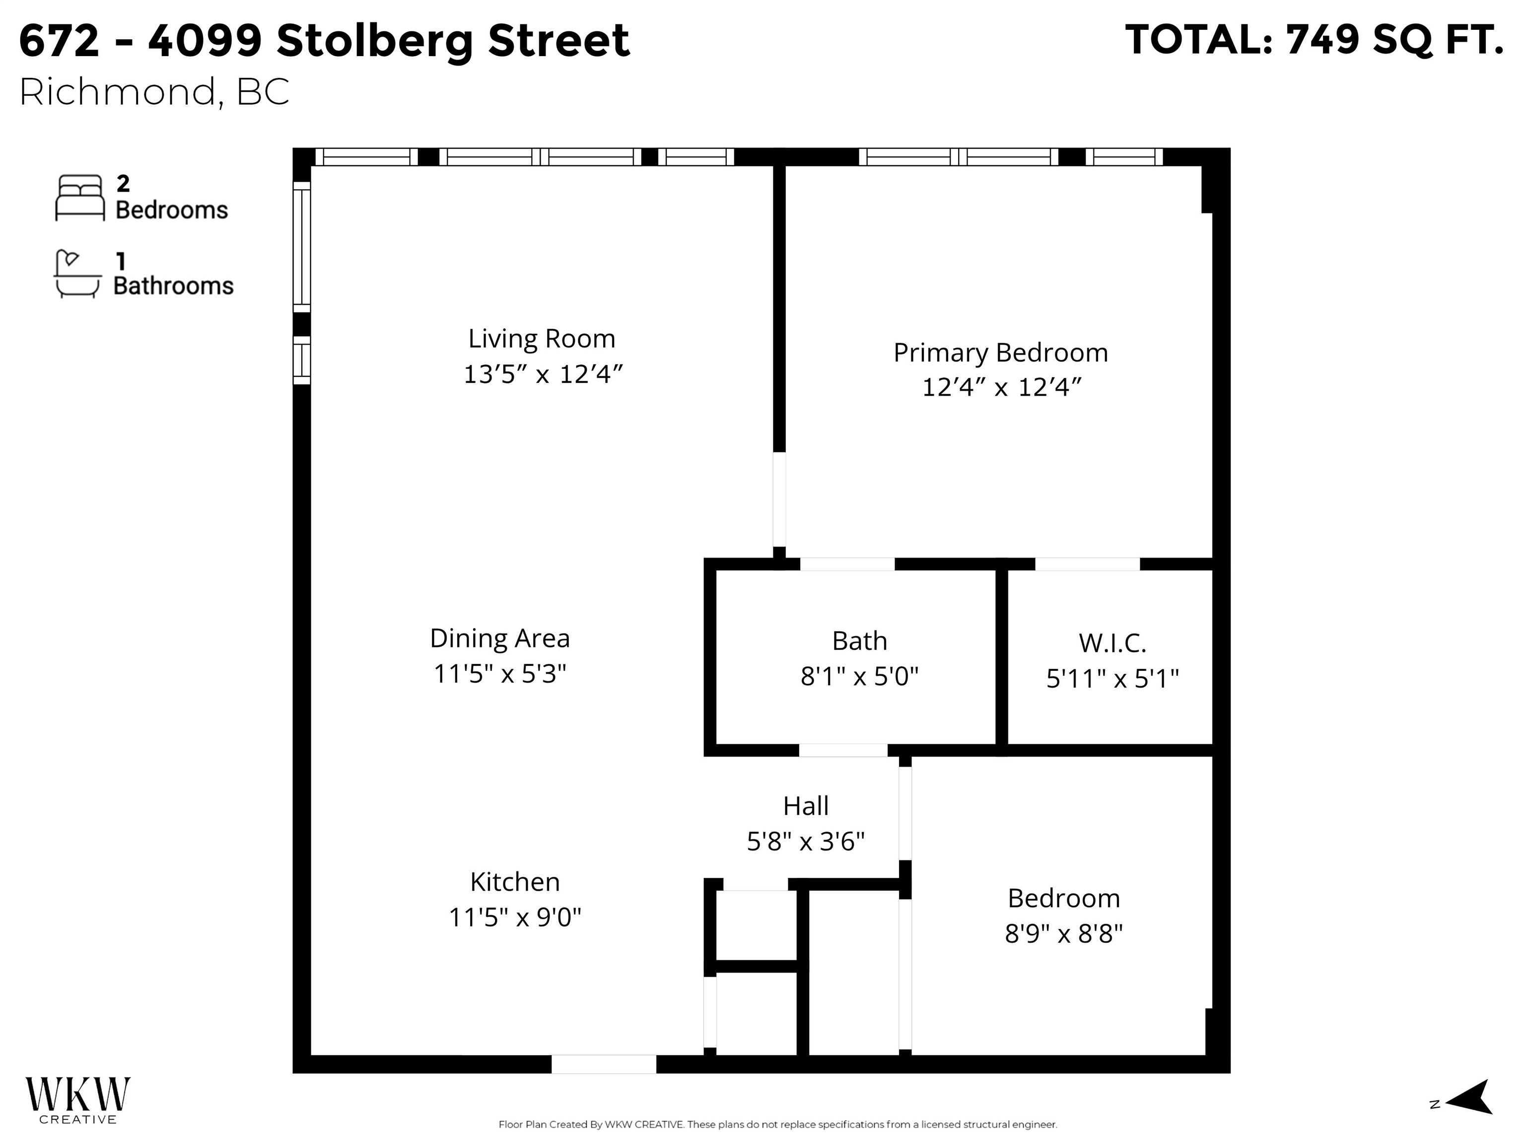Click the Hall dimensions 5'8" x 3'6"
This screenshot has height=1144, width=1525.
pyautogui.click(x=805, y=841)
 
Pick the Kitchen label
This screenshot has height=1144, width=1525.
pyautogui.click(x=514, y=882)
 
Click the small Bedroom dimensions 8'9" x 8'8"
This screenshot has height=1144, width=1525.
pyautogui.click(x=1063, y=933)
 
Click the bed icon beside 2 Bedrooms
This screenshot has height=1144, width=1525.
pyautogui.click(x=80, y=198)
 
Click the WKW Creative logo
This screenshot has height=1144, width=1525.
pyautogui.click(x=77, y=1100)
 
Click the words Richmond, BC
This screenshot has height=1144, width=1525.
pyautogui.click(x=154, y=92)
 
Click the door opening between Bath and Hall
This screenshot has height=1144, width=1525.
pyautogui.click(x=842, y=750)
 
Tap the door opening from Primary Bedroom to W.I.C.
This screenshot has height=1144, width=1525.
pyautogui.click(x=1087, y=564)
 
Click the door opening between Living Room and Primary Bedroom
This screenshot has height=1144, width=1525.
pyautogui.click(x=779, y=500)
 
